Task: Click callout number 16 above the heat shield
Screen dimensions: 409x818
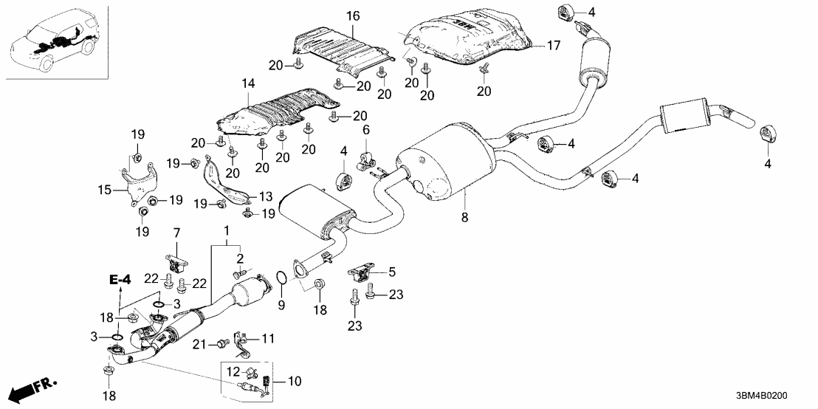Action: pyautogui.click(x=351, y=16)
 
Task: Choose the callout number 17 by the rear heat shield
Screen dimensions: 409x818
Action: pyautogui.click(x=553, y=46)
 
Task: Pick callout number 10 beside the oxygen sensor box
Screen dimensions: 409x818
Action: pyautogui.click(x=295, y=381)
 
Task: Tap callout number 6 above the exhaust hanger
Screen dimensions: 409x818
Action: pyautogui.click(x=365, y=130)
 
